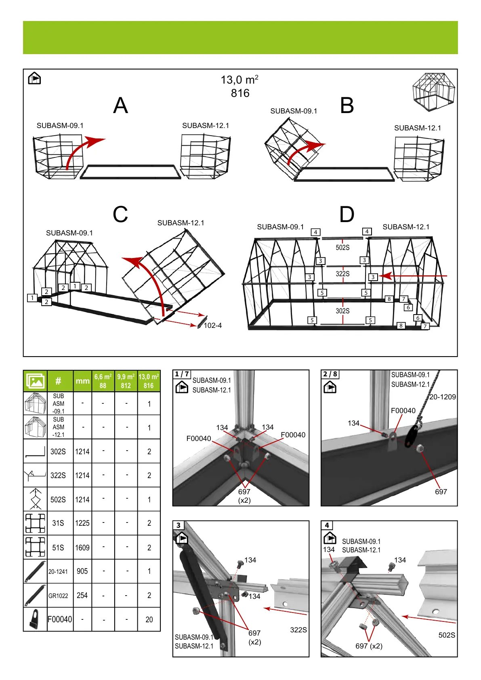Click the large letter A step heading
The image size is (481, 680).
[x=120, y=106]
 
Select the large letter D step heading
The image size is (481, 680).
[x=347, y=214]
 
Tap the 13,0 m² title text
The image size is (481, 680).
[x=239, y=80]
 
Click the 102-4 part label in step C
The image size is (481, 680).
[x=212, y=325]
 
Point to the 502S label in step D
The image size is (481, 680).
[x=342, y=248]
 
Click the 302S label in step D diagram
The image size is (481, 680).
[x=342, y=311]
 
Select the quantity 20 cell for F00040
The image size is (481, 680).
[x=149, y=619]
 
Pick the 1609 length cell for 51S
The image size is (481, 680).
[x=82, y=548]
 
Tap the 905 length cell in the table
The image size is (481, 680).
[x=82, y=571]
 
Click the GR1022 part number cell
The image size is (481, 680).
[x=58, y=596]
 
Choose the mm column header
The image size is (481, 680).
[x=82, y=381]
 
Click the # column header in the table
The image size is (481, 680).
[x=58, y=381]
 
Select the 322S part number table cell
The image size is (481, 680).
[x=58, y=475]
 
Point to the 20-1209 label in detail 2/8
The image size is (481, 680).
[x=442, y=397]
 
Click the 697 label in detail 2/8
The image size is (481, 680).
[x=441, y=492]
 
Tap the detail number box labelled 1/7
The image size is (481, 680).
[x=182, y=374]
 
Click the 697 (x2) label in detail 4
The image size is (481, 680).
[x=369, y=646]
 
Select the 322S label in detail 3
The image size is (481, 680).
[x=298, y=630]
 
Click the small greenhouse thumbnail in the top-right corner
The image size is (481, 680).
[x=433, y=92]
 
